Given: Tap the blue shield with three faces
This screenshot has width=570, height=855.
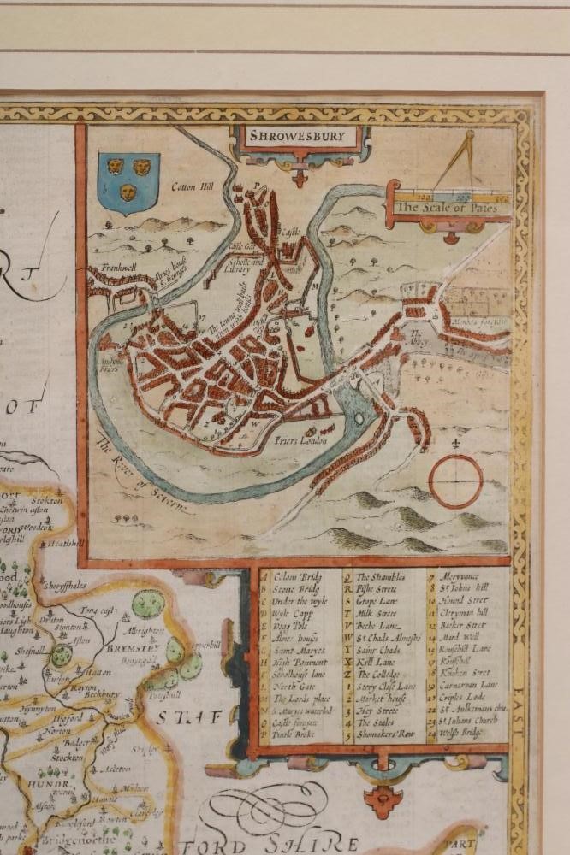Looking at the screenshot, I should (x=128, y=182).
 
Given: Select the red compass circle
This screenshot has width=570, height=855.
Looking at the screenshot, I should (x=455, y=481).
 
